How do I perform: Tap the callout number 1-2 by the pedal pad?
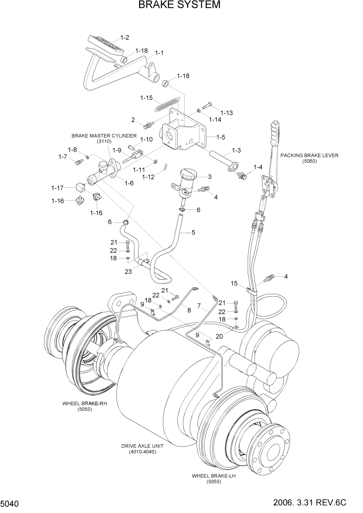click(x=125, y=37)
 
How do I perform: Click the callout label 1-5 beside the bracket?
click(x=220, y=138)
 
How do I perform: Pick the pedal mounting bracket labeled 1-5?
click(x=184, y=133)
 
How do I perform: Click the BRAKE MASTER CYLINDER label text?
click(x=104, y=135)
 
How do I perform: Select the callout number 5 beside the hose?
click(x=193, y=232)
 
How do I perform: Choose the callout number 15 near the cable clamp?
click(x=234, y=283)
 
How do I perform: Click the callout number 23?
click(x=127, y=270)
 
